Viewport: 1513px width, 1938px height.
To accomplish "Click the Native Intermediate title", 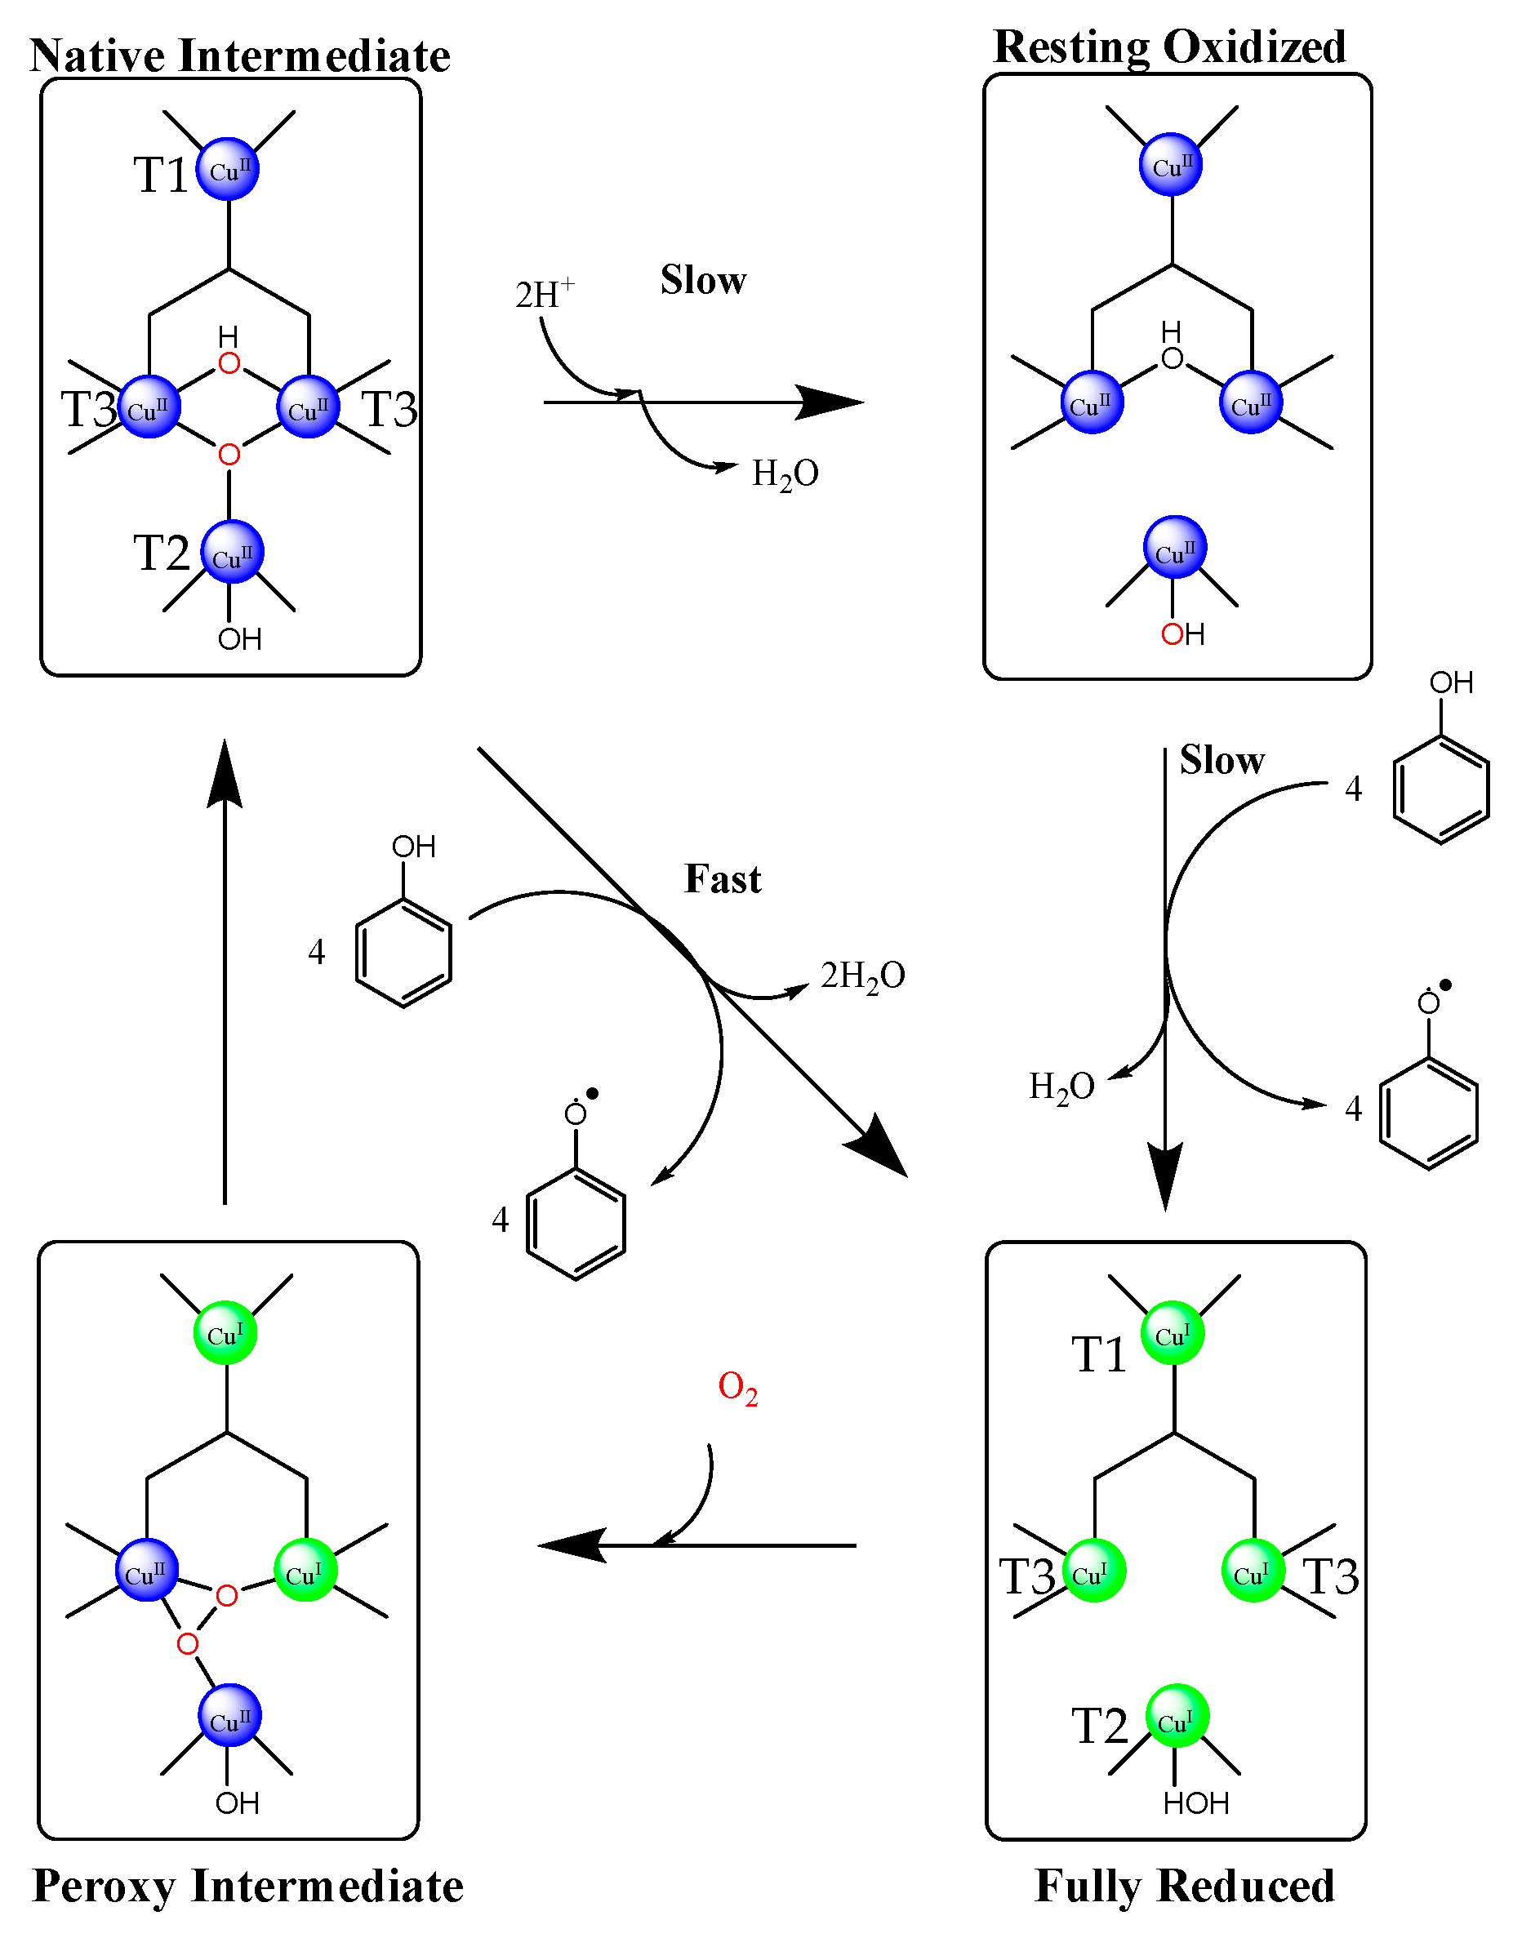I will tap(239, 55).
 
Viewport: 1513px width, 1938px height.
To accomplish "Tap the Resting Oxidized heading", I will tap(1168, 47).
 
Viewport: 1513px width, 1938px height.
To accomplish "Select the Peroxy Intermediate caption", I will tap(247, 1886).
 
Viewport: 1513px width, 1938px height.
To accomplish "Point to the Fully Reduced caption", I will tap(1184, 1886).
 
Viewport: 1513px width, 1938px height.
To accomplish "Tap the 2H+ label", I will tap(544, 293).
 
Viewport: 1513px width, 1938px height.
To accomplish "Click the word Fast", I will tap(723, 879).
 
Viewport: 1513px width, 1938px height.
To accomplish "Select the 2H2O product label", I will tap(861, 976).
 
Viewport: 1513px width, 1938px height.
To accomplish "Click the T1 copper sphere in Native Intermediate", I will tap(228, 169).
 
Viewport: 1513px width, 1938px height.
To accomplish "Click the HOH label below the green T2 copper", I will tap(1195, 1803).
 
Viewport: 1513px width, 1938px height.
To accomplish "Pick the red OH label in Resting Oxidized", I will tap(1182, 634).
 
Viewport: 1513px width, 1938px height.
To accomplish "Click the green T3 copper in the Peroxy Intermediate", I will tap(305, 1571).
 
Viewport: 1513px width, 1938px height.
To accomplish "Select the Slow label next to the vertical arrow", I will tap(1221, 761).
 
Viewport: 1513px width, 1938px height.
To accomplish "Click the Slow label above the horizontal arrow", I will tap(703, 280).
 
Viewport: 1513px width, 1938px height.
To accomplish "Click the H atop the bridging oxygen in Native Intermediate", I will tap(228, 336).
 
